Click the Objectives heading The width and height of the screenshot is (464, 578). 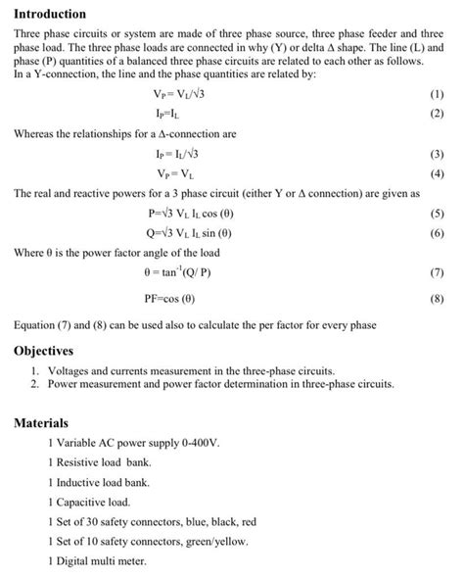tap(44, 351)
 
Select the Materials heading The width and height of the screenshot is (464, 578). tap(41, 423)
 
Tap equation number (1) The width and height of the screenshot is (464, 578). tap(437, 95)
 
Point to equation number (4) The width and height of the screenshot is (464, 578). tap(437, 174)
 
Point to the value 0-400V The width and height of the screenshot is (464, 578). tap(201, 443)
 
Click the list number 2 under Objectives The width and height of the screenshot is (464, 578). tap(33, 385)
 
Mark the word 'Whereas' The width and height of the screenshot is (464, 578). tap(37, 133)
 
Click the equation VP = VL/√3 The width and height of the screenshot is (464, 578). tap(175, 95)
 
